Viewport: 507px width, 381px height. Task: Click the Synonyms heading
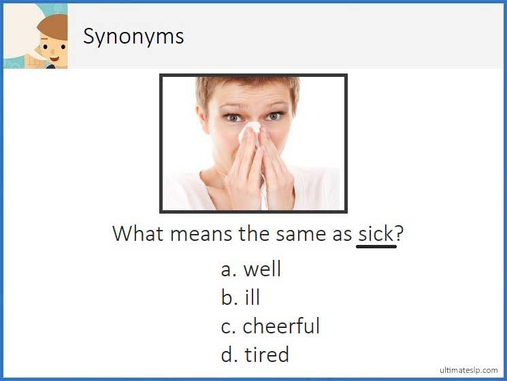tap(133, 36)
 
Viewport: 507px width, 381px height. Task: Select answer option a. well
tap(250, 269)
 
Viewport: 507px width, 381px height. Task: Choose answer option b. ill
tap(241, 298)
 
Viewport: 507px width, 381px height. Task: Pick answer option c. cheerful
tap(270, 327)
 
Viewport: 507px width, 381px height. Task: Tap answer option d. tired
tap(255, 354)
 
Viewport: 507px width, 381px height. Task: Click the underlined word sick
tap(376, 233)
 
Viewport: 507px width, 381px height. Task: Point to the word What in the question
tap(138, 233)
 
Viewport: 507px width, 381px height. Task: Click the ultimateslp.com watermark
tap(470, 370)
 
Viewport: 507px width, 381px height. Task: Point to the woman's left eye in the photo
tap(274, 116)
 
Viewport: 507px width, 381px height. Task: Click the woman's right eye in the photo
tap(233, 117)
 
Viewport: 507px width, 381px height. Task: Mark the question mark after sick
tap(399, 233)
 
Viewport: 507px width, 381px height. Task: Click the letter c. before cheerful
tap(229, 327)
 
